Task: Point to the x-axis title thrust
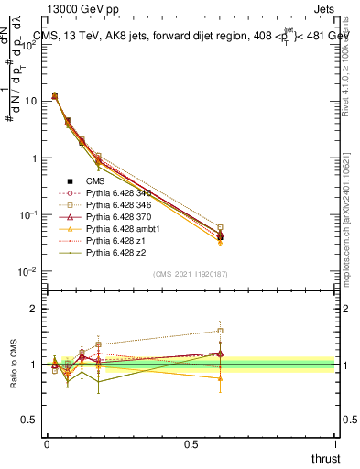(x=324, y=458)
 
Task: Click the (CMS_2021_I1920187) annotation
(x=190, y=274)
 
